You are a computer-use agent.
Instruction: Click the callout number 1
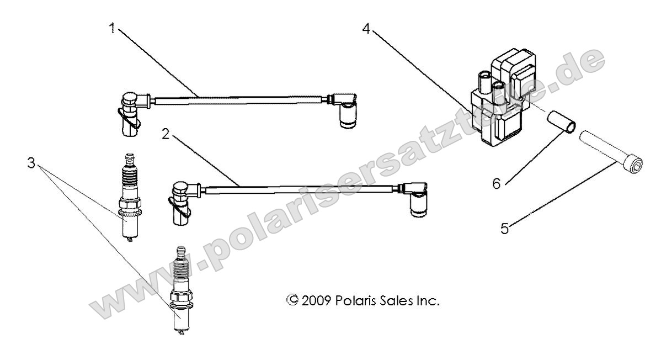[113, 28]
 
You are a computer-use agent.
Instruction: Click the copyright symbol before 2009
[292, 301]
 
